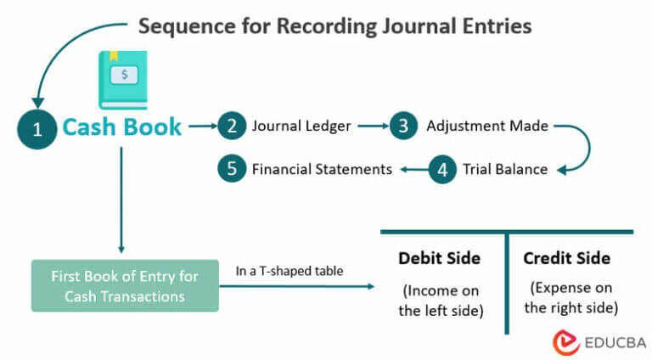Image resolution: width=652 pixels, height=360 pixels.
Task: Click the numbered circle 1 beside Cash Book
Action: coord(37,128)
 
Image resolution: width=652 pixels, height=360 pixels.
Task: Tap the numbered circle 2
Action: coord(231,127)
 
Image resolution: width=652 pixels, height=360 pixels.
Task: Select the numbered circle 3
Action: coord(403,127)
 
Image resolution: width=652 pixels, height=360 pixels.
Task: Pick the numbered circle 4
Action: coord(441,169)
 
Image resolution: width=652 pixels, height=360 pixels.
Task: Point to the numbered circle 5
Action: coord(231,169)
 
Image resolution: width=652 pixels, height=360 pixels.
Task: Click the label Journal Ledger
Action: coord(301,127)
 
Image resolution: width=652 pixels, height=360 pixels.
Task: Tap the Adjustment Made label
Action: coord(487,127)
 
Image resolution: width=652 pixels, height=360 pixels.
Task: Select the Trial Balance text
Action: coord(505,169)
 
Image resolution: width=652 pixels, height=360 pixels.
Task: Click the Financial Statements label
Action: coord(322,169)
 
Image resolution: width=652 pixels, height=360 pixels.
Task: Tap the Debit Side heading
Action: coord(439,258)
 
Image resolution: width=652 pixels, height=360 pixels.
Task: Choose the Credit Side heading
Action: coord(566,258)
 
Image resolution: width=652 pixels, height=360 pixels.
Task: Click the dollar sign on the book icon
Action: coord(124,75)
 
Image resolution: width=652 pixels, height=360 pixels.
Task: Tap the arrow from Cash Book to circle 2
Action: coord(200,127)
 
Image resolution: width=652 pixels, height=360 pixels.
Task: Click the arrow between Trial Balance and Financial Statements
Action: coord(413,169)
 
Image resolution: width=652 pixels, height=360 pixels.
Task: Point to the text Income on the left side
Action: coord(441,299)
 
